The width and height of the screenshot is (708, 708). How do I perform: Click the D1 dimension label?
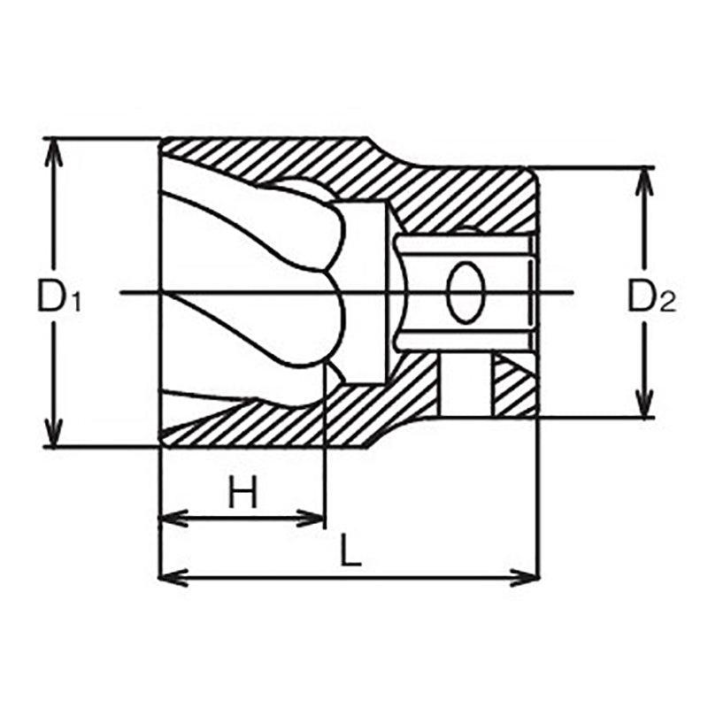click(57, 296)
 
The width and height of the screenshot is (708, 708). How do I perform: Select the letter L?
click(351, 553)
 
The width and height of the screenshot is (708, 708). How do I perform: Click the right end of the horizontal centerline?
click(574, 292)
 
